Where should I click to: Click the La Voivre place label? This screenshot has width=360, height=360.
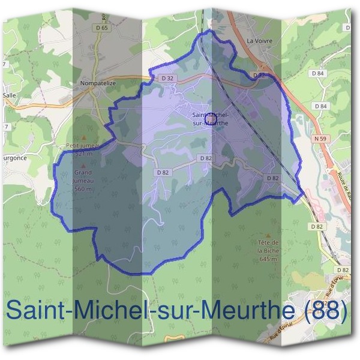coord(260,41)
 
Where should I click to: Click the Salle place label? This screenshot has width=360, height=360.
coord(9,95)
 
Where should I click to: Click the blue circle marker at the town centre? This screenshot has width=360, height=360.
coord(211,119)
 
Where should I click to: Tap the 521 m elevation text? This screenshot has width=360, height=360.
coord(83,154)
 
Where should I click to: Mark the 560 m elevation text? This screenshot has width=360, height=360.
coord(83,189)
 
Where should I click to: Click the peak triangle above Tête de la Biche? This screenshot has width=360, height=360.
coord(268,236)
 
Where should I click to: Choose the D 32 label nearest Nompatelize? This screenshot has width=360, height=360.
coord(167,78)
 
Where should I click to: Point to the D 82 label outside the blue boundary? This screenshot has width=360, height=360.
coord(317,226)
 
